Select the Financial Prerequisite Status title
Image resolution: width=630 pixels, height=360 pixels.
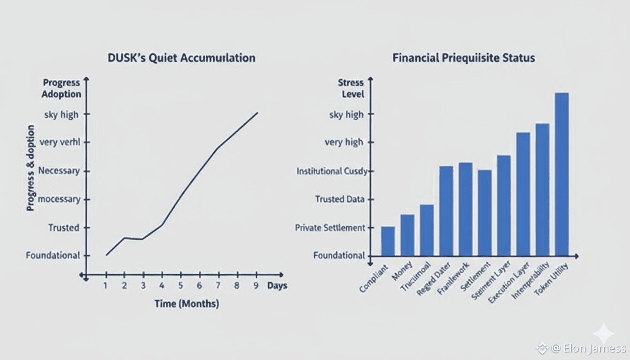point(464,59)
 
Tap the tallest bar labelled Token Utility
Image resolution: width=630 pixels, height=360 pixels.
point(562,174)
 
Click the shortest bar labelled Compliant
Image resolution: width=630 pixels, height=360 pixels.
point(388,241)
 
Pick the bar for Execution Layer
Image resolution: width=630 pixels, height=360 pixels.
point(523,194)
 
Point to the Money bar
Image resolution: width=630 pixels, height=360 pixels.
point(407,235)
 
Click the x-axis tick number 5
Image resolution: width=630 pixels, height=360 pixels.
point(180,285)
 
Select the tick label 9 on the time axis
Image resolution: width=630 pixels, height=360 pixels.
point(255,285)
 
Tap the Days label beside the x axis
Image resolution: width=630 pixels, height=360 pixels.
point(277,285)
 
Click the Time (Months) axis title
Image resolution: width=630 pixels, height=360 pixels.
point(187,304)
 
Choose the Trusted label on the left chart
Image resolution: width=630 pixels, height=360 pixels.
point(64,228)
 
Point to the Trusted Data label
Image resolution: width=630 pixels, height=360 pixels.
point(340,199)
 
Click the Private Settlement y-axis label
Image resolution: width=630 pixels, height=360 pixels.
point(330,228)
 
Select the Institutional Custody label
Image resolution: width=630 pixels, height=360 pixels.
point(332,171)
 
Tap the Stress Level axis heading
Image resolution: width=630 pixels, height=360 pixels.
point(351,88)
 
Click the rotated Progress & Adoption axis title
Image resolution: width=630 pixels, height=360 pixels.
point(30,167)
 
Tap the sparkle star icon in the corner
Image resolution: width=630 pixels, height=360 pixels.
point(603,334)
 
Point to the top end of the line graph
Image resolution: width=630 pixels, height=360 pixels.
point(257,112)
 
